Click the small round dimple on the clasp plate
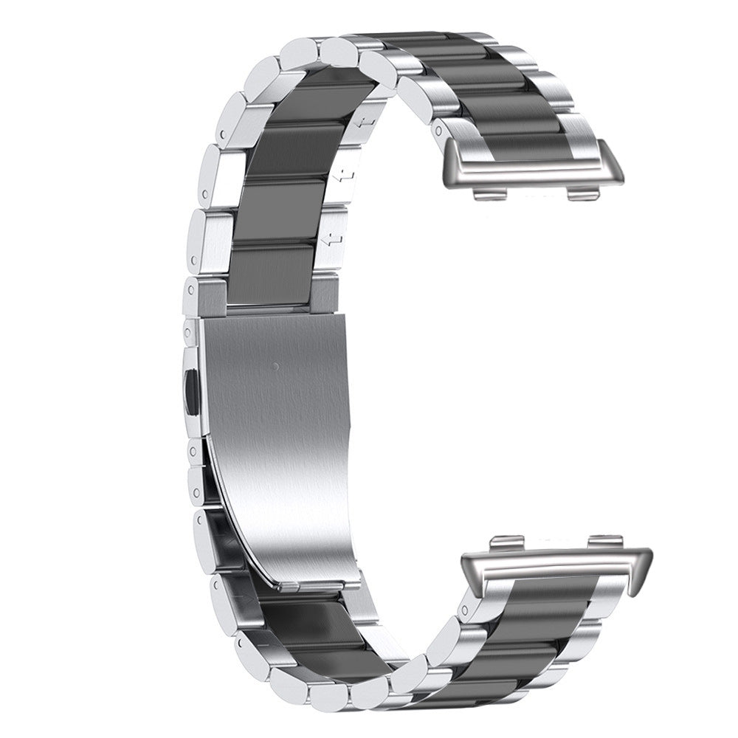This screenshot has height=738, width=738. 275,365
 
